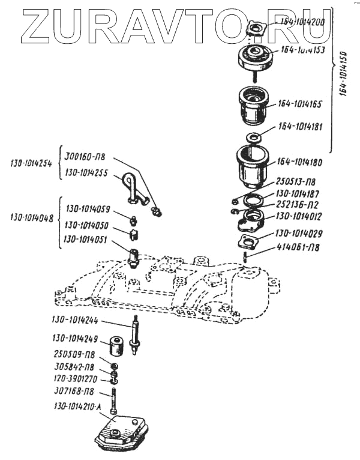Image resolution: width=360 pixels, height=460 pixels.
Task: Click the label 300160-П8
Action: [x=85, y=157]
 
